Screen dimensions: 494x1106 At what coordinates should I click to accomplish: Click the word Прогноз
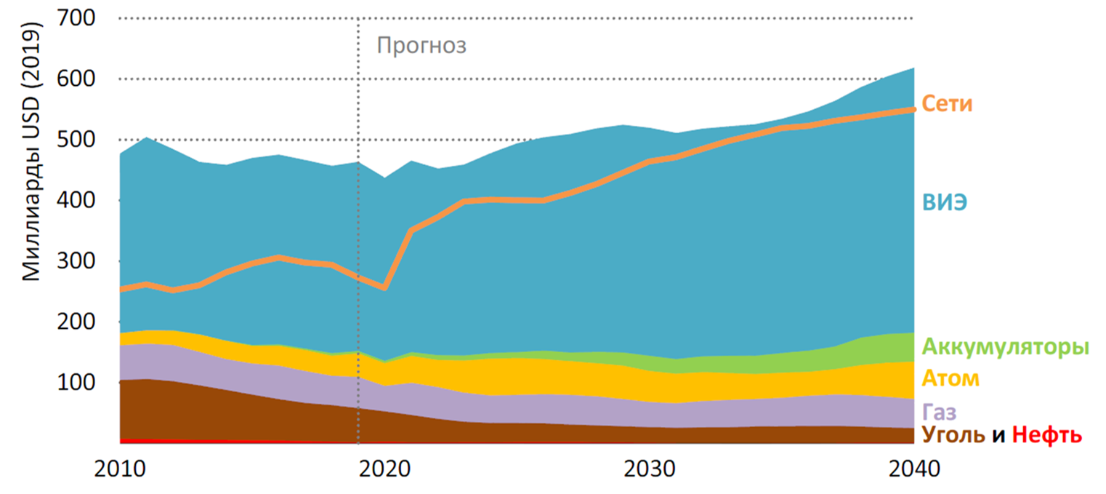tap(421, 47)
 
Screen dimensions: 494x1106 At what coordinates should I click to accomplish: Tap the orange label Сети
tap(947, 105)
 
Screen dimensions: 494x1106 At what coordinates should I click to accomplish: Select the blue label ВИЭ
tap(945, 202)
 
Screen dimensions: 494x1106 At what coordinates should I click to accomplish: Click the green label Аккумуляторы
tap(1006, 347)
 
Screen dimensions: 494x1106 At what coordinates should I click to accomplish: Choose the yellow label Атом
tap(950, 379)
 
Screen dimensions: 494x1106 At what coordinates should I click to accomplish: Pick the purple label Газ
tap(939, 412)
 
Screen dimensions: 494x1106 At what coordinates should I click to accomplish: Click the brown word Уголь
tap(953, 436)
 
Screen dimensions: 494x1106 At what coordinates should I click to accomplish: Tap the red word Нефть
tap(1047, 436)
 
